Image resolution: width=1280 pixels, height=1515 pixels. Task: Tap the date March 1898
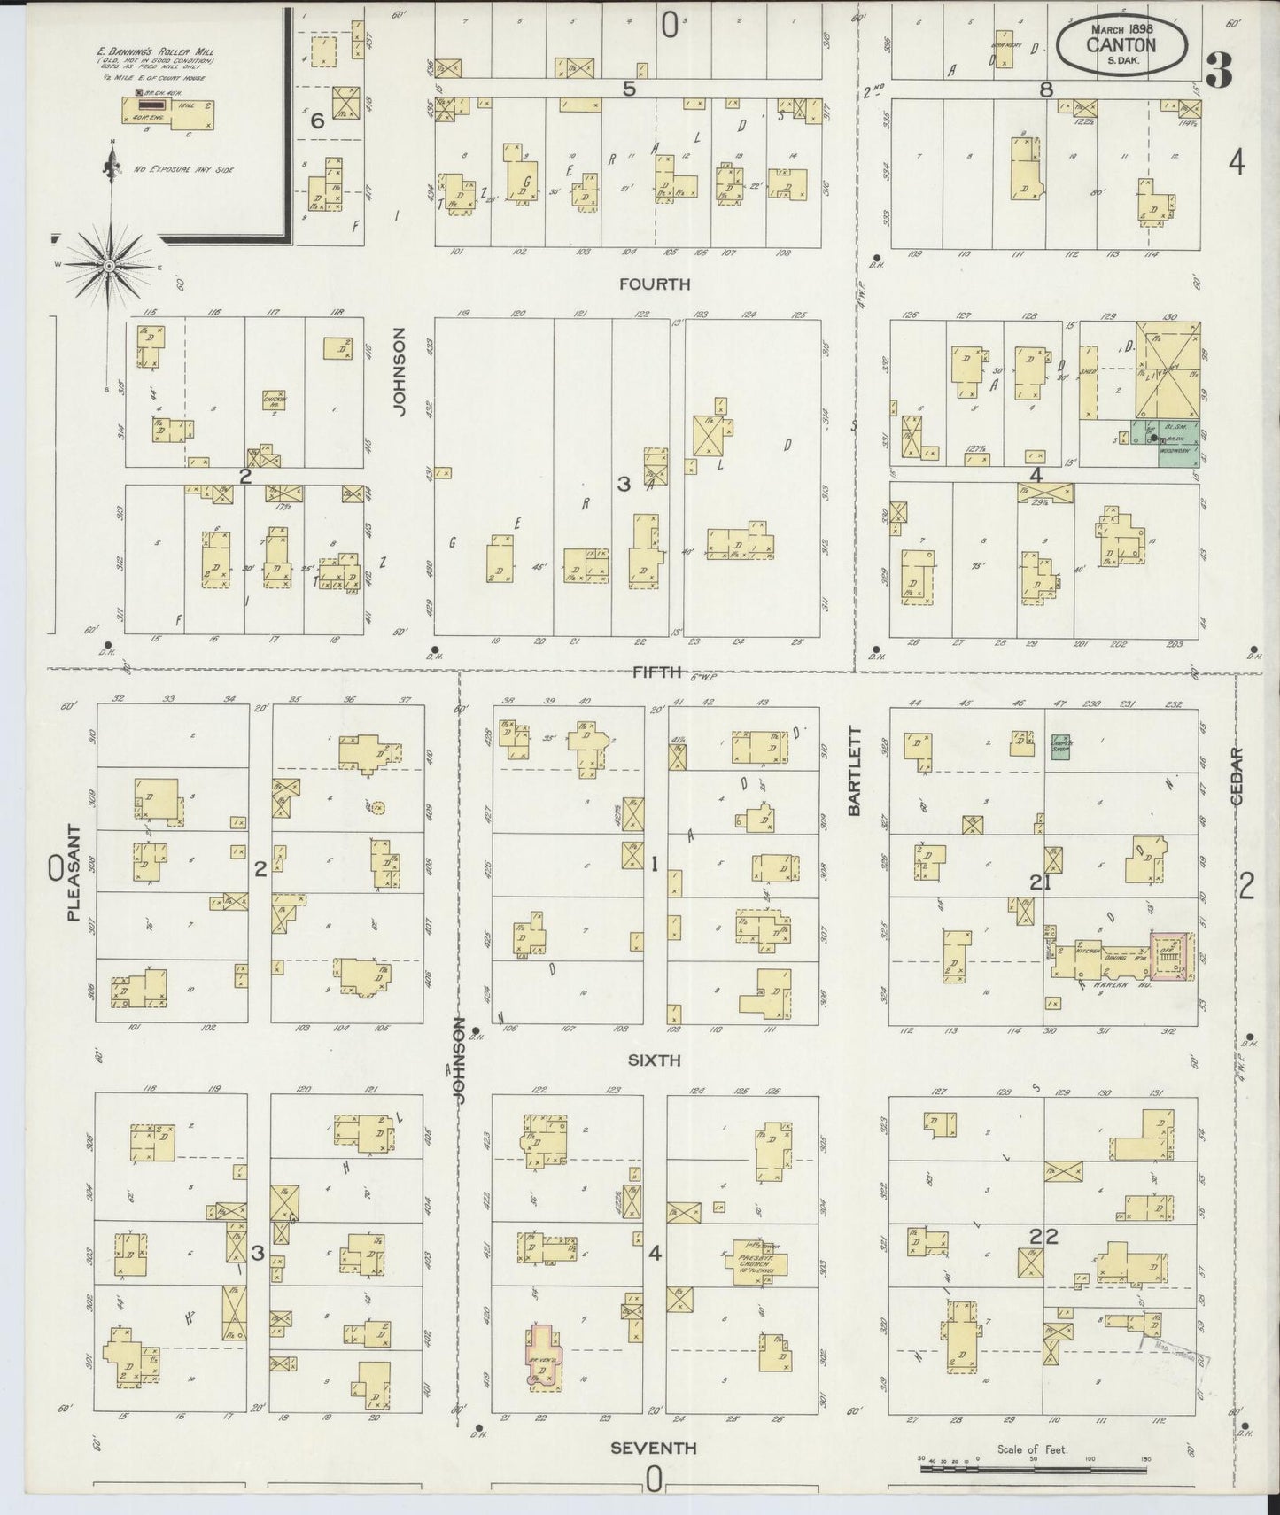pyautogui.click(x=1120, y=27)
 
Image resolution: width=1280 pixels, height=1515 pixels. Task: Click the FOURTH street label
pyautogui.click(x=655, y=284)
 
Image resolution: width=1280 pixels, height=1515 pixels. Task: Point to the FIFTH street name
pyautogui.click(x=655, y=672)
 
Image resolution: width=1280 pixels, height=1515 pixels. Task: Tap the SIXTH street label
pyautogui.click(x=655, y=1060)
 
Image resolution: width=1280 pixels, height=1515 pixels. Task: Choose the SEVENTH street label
pyautogui.click(x=653, y=1448)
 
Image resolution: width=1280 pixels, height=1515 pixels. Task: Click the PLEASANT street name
pyautogui.click(x=73, y=875)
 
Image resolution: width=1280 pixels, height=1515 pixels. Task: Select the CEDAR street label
pyautogui.click(x=1237, y=776)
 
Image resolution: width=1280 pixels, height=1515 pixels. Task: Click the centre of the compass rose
pyautogui.click(x=108, y=265)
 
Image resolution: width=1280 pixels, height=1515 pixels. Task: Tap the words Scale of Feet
pyautogui.click(x=1032, y=1449)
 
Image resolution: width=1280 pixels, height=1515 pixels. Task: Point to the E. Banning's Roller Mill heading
pyautogui.click(x=155, y=51)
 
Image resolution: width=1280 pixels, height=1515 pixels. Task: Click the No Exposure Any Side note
pyautogui.click(x=183, y=168)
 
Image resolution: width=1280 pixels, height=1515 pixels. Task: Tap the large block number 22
pyautogui.click(x=1044, y=1237)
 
